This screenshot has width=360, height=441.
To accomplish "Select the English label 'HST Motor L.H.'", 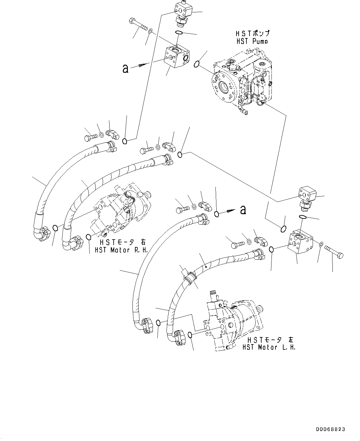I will [x=269, y=347].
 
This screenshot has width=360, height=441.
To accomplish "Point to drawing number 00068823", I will [x=330, y=430].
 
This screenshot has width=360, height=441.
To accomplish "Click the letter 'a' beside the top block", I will [x=125, y=68].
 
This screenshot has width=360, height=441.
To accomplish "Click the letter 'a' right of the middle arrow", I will [x=243, y=210].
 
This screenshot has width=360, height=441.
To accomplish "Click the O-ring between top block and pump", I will [x=196, y=64].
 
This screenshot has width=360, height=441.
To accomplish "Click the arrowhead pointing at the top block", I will [x=144, y=65].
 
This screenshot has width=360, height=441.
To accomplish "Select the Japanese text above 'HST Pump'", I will [x=252, y=33].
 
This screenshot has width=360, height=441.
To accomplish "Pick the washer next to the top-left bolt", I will [x=150, y=31].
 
